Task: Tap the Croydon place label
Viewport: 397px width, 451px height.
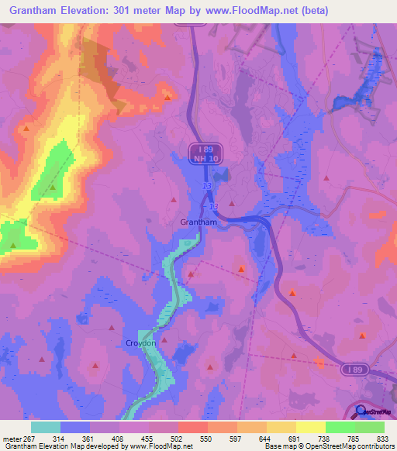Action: [x=141, y=342]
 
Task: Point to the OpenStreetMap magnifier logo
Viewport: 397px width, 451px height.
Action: [x=362, y=412]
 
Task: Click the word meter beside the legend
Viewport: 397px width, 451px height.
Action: [x=11, y=439]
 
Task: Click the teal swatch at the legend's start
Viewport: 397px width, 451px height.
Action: [x=46, y=427]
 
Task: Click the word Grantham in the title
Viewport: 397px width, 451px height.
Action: [x=35, y=11]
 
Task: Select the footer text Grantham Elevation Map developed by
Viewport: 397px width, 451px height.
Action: [x=58, y=447]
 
